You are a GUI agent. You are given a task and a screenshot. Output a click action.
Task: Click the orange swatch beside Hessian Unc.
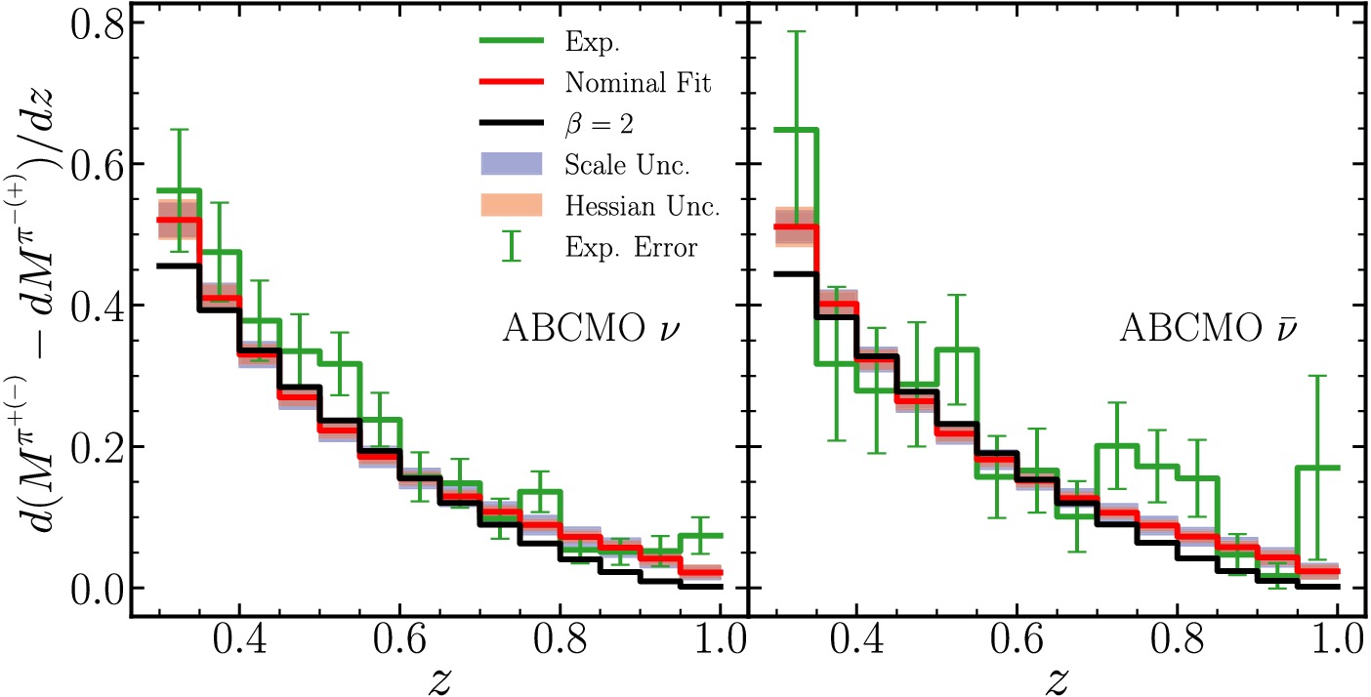point(511,206)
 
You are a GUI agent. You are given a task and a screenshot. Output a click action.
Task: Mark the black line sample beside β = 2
point(511,125)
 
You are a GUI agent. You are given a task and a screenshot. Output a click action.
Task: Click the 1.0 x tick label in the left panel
point(720,645)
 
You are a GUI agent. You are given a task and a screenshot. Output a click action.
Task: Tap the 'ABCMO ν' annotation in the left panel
point(590,328)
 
